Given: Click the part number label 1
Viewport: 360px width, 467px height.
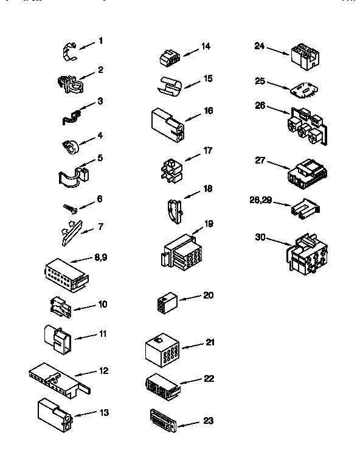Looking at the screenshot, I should point(100,41).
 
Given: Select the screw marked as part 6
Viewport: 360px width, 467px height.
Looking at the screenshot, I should point(70,208).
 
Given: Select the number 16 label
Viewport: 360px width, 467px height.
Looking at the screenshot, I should point(208,111).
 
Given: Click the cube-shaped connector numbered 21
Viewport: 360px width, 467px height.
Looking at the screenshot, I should point(161,350).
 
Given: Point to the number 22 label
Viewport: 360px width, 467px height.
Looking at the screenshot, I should point(209,378).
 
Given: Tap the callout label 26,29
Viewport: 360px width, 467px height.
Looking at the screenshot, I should point(261,198).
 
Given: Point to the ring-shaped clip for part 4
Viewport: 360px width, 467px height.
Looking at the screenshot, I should point(71,146).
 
